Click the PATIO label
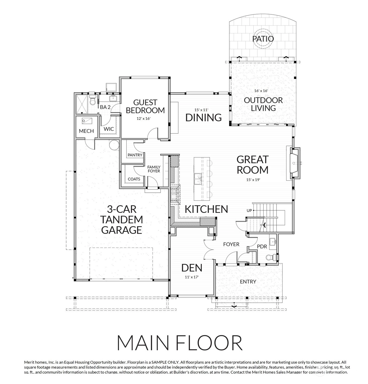263,39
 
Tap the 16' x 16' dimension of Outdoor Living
261,91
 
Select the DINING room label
204,118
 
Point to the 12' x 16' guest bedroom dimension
144,118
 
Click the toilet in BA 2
92,100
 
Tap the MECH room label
86,131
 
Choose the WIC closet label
109,129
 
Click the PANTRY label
135,155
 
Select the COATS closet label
134,179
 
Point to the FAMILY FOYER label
154,169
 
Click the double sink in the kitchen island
198,179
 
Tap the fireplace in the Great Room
295,163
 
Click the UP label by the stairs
249,211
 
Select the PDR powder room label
262,247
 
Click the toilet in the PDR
271,257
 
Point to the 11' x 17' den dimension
192,277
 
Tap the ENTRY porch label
248,282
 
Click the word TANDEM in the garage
122,220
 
